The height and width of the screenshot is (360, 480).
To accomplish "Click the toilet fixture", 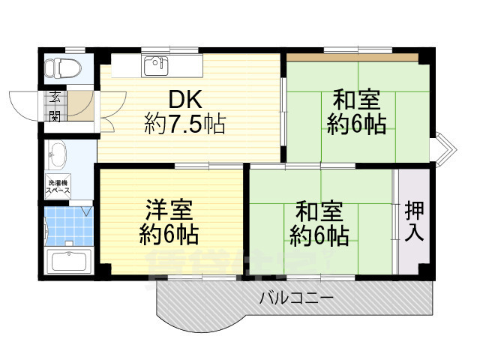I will pyautogui.click(x=57, y=67).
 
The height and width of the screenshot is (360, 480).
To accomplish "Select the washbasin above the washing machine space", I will pyautogui.click(x=57, y=157).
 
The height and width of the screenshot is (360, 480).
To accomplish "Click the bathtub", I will pyautogui.click(x=68, y=262).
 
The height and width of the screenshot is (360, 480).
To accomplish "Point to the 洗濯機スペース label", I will pyautogui.click(x=58, y=187).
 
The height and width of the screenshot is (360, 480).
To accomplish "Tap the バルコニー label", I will pyautogui.click(x=297, y=298).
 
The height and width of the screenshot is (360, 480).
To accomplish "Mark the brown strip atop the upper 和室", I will pyautogui.click(x=352, y=57).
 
